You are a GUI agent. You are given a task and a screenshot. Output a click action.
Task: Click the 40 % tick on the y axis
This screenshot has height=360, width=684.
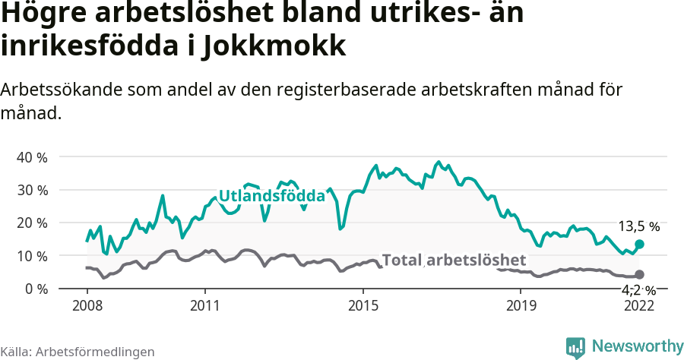pyautogui.click(x=32, y=157)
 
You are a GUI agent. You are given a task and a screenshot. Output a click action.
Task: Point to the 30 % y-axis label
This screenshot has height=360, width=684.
pyautogui.click(x=32, y=190)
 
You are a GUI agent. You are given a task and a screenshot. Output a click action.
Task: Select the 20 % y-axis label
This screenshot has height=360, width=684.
pyautogui.click(x=32, y=223)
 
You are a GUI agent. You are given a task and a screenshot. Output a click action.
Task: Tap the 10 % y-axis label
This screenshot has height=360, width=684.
pyautogui.click(x=32, y=256)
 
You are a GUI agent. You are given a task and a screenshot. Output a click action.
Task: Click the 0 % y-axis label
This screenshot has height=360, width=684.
pyautogui.click(x=35, y=289)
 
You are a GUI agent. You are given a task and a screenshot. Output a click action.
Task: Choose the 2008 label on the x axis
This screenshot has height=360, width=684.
pyautogui.click(x=87, y=306)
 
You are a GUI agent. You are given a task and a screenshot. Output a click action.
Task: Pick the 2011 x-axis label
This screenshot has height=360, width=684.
pyautogui.click(x=205, y=306)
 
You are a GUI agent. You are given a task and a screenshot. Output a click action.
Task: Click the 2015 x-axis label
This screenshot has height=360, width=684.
pyautogui.click(x=363, y=306)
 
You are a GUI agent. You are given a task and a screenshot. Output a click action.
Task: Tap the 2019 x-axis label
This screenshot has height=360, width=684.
pyautogui.click(x=521, y=306)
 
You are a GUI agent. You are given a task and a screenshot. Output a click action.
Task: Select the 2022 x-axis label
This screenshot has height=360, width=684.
pyautogui.click(x=639, y=306)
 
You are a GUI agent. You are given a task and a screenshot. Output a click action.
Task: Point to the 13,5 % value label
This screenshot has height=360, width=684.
pyautogui.click(x=638, y=226)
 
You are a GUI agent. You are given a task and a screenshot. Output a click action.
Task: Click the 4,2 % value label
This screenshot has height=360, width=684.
pyautogui.click(x=638, y=289)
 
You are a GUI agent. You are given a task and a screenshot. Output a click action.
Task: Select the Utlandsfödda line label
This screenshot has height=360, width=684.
pyautogui.click(x=272, y=196)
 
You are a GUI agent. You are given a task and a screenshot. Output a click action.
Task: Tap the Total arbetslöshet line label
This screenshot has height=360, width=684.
pyautogui.click(x=454, y=261)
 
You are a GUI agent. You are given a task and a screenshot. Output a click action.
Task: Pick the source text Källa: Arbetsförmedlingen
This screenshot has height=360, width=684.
pyautogui.click(x=78, y=352)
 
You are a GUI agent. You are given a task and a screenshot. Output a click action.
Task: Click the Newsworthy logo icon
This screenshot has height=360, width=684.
pyautogui.click(x=575, y=347)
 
